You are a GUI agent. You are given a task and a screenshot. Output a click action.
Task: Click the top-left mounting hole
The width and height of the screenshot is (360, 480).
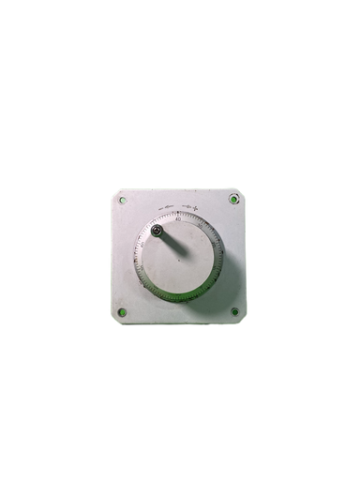122,200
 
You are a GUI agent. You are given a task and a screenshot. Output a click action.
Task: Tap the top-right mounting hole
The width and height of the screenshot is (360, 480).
233,199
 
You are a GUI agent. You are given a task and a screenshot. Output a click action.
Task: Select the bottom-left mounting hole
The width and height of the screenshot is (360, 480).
122,311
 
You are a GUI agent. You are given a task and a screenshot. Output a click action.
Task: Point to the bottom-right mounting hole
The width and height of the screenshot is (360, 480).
234,311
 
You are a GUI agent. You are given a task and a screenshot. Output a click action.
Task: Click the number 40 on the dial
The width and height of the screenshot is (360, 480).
178,218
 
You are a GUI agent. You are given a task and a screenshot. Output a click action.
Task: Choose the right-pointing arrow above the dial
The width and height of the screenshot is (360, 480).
187,205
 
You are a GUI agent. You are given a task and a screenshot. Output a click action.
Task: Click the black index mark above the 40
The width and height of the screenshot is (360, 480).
178,213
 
